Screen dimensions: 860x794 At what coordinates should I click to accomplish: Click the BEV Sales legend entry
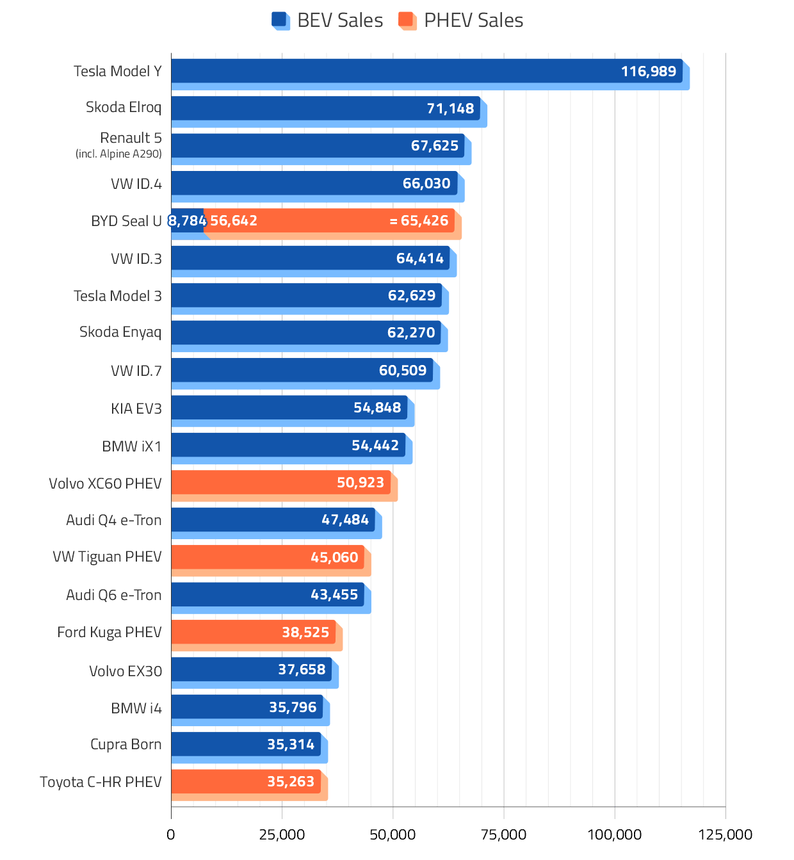coord(328,20)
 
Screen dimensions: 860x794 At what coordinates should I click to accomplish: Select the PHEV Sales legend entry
coord(461,20)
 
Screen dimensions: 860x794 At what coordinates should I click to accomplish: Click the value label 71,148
coord(450,108)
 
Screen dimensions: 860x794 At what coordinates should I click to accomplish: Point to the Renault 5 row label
coord(131,138)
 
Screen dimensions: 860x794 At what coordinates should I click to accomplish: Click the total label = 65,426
coord(419,221)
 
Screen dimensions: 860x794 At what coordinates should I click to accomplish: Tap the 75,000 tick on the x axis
coord(503,834)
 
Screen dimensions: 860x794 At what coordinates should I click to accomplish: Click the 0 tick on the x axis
coord(171,834)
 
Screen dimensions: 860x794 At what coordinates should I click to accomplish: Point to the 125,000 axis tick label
coord(725,834)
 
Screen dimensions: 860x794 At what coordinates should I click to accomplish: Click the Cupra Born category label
coord(126,744)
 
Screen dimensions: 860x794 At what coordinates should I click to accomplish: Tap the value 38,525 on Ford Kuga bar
coord(305,632)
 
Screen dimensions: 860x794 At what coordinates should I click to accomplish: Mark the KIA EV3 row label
coord(136,408)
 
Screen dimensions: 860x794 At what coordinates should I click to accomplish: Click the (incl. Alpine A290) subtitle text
coord(118,154)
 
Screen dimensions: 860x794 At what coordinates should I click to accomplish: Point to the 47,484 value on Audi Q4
coord(345,519)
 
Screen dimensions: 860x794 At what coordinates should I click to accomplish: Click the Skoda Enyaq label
coord(120,332)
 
